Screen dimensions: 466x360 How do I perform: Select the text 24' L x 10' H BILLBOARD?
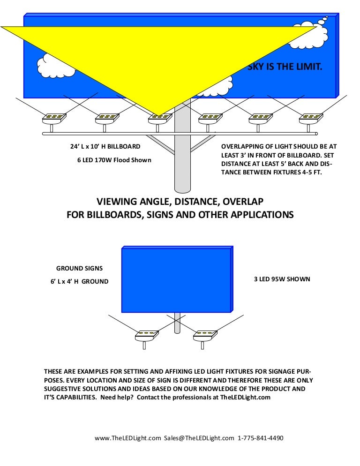click(105, 147)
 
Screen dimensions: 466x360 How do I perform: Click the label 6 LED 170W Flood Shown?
click(114, 160)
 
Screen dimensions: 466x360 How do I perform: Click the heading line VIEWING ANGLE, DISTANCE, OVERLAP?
click(180, 202)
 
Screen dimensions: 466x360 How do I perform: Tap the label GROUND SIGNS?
click(79, 269)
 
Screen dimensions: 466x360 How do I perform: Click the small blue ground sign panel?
click(176, 279)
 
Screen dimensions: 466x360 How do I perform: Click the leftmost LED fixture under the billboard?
click(52, 118)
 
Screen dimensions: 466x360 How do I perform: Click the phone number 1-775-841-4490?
click(261, 438)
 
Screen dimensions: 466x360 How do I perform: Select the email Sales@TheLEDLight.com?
click(199, 438)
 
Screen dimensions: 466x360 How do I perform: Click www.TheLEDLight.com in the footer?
click(127, 438)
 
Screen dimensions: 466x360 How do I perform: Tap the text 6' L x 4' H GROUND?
click(79, 281)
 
